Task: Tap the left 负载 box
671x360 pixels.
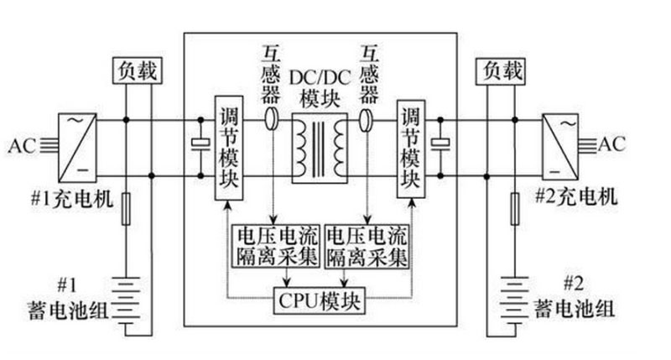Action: [134, 71]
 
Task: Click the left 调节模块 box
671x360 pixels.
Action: [227, 149]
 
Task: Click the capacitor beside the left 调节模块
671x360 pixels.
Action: [199, 144]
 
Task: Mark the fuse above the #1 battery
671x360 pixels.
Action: [126, 209]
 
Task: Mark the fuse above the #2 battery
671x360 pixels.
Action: [513, 209]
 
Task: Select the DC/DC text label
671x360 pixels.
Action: [320, 77]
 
